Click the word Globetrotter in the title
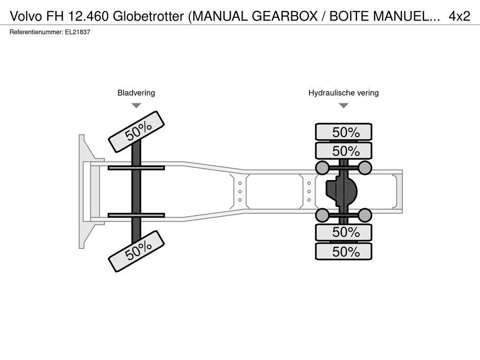click(148, 16)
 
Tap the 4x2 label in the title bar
click(459, 16)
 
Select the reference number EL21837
click(77, 32)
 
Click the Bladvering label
click(136, 93)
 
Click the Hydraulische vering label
click(344, 93)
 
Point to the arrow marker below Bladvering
click(136, 105)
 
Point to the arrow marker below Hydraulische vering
click(344, 105)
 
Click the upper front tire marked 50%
click(136, 132)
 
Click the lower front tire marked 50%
click(136, 251)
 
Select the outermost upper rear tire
click(344, 132)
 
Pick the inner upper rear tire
click(344, 151)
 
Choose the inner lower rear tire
click(344, 232)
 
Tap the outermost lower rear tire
click(344, 251)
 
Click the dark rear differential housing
click(342, 192)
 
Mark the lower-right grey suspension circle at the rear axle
click(365, 215)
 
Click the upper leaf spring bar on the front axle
click(136, 168)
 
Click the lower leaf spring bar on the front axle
click(136, 215)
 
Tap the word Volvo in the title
click(26, 16)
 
